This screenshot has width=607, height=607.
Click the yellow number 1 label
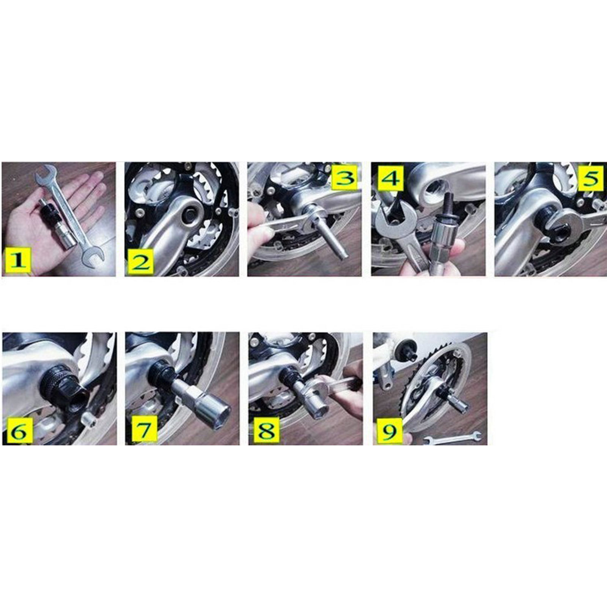(17, 261)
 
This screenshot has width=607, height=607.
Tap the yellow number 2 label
(141, 261)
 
